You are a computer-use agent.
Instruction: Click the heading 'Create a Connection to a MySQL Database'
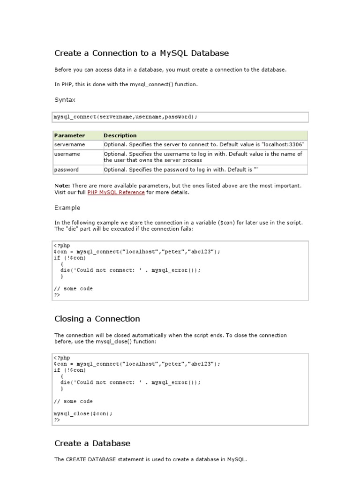142,53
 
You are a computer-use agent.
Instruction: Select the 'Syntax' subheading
65,100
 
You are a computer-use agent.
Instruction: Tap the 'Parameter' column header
69,135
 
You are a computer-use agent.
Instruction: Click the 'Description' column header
120,135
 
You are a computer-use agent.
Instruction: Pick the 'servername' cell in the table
69,145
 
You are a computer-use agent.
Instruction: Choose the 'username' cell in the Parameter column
67,154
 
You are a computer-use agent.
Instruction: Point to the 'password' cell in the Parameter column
67,170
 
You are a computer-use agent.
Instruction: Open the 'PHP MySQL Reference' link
116,193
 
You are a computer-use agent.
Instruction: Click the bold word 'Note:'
62,186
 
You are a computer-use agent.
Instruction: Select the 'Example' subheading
67,208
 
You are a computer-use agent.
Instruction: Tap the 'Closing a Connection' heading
97,319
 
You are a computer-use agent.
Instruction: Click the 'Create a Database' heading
92,443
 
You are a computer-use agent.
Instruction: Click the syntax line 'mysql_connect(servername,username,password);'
126,117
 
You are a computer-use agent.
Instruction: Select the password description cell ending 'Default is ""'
181,170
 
